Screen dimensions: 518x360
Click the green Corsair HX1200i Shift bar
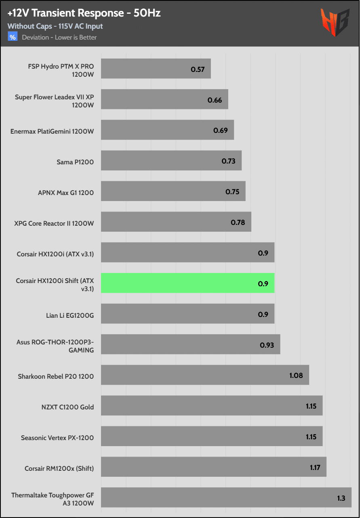coord(187,283)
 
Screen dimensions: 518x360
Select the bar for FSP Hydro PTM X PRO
coord(156,69)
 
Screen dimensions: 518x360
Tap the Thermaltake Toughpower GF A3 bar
coord(226,497)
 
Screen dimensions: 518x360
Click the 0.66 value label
coord(215,100)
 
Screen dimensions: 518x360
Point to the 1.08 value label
coord(296,375)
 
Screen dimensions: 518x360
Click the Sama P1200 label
coord(75,162)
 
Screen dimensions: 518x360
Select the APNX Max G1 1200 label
coord(66,193)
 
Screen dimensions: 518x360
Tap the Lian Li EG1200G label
coord(70,315)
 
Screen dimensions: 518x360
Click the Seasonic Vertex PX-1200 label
coord(57,438)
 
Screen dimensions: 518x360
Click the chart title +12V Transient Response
coord(84,13)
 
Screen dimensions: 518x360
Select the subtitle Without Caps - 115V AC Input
coord(55,26)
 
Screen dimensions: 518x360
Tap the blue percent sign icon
coord(13,37)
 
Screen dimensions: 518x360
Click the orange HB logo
coord(335,23)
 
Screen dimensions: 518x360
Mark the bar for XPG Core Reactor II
coord(176,222)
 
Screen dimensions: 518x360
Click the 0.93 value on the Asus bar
coord(267,345)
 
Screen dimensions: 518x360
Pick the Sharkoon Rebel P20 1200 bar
coord(205,375)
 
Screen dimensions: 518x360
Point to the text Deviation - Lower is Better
coord(59,38)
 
